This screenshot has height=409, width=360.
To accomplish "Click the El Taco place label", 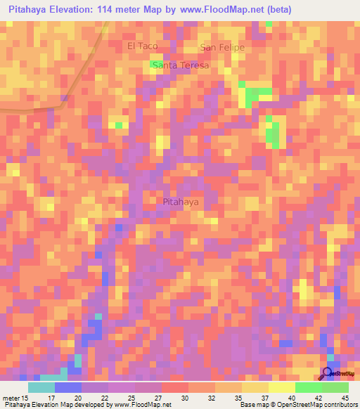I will pyautogui.click(x=143, y=46).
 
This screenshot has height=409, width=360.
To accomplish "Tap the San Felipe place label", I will pyautogui.click(x=222, y=47).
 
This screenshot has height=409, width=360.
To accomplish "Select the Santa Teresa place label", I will pyautogui.click(x=181, y=65).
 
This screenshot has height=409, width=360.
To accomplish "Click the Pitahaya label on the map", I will pyautogui.click(x=181, y=202).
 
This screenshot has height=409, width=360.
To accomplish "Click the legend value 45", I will pyautogui.click(x=345, y=398).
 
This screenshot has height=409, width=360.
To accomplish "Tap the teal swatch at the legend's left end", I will pyautogui.click(x=41, y=387).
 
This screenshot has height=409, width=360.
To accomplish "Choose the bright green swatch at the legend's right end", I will pyautogui.click(x=335, y=387).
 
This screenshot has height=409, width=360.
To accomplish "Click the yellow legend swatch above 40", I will pyautogui.click(x=281, y=387).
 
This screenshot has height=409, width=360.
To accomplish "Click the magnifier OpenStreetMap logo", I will pyautogui.click(x=328, y=374).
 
